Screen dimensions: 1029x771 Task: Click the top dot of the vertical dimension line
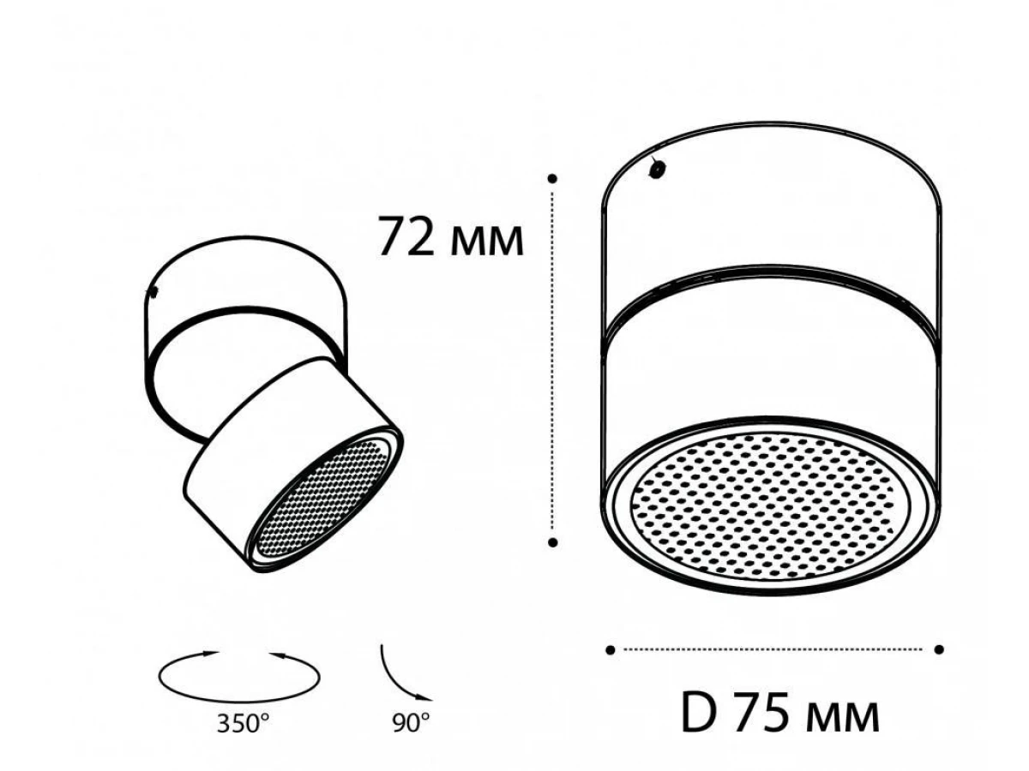click(552, 178)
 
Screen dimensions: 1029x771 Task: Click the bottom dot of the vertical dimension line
click(553, 542)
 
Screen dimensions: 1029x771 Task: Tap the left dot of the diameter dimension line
click(610, 649)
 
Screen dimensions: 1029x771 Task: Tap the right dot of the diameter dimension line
click(939, 649)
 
